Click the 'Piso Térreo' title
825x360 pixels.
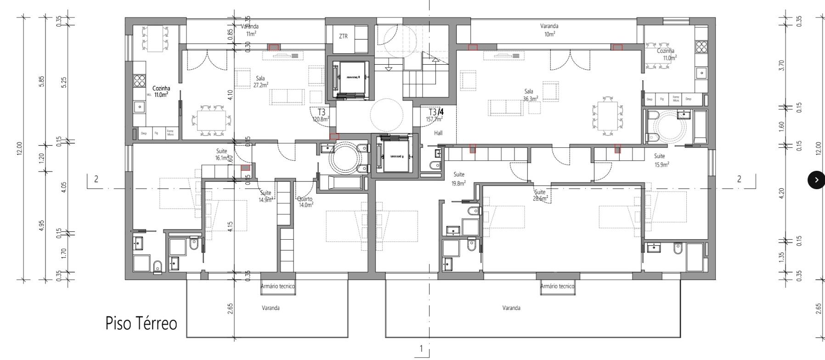tap(141, 323)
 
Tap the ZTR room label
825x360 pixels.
tap(343, 36)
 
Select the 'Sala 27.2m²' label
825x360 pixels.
tap(261, 82)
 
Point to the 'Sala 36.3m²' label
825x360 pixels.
tap(530, 95)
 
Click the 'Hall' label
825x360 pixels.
tap(438, 133)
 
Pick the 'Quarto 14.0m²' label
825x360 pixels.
tap(305, 202)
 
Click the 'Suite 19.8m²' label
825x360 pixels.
tap(458, 178)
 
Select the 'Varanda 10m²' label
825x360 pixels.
tap(549, 30)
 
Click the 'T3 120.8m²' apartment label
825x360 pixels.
tap(321, 115)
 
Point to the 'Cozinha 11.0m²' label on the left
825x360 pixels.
tap(161, 91)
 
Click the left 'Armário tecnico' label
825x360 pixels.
tap(277, 286)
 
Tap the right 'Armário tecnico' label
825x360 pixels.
tap(557, 286)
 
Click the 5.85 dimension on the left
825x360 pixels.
tap(42, 81)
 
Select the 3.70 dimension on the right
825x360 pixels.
tap(782, 65)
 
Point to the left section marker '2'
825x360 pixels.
tap(96, 179)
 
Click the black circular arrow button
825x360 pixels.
tap(816, 180)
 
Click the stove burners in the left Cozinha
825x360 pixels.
tap(139, 81)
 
